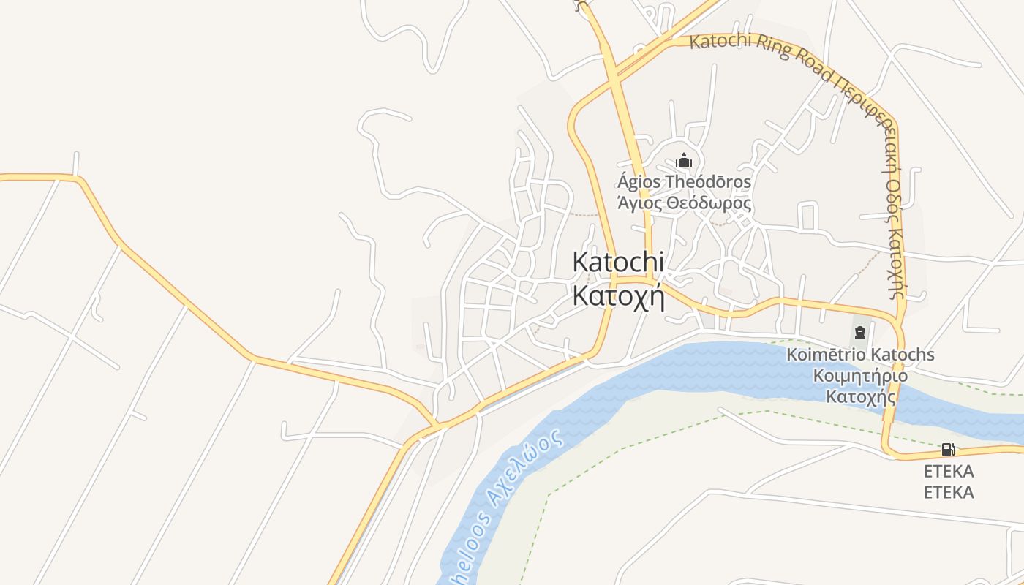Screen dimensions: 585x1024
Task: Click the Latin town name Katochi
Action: point(618,262)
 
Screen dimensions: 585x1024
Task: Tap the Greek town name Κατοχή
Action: point(618,296)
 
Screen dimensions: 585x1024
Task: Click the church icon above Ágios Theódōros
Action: point(684,160)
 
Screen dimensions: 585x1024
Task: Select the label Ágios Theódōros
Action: point(684,181)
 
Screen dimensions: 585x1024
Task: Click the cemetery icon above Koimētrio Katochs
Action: point(859,333)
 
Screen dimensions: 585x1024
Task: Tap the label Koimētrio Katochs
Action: point(860,355)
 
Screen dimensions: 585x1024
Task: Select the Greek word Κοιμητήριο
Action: point(860,376)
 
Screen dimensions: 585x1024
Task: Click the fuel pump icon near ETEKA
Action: point(948,449)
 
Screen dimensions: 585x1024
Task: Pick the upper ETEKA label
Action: point(948,471)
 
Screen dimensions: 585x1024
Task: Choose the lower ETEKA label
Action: point(948,492)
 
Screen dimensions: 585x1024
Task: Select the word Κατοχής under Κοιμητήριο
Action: point(860,397)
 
